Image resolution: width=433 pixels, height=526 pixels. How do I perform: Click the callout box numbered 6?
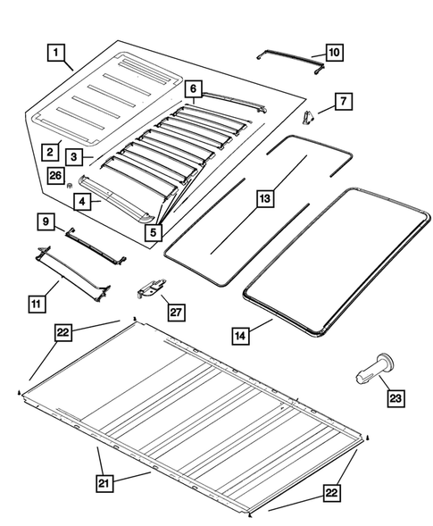(192, 88)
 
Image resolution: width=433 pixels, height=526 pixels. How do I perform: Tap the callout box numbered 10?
(332, 53)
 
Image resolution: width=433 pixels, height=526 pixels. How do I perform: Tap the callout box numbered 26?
(55, 176)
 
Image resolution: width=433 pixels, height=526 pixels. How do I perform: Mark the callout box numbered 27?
(176, 312)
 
